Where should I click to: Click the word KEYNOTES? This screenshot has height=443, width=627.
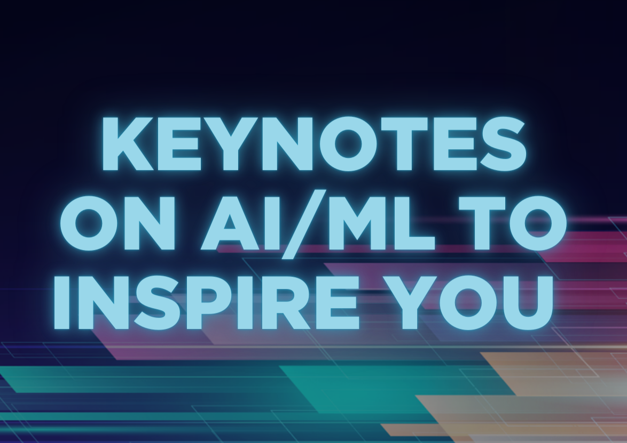(314, 144)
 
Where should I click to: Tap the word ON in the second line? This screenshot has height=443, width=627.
(117, 223)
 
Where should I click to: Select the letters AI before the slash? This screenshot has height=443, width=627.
(240, 223)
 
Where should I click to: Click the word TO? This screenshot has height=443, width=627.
(513, 223)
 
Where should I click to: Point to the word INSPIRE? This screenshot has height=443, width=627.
(206, 302)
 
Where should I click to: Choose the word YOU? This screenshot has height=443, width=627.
(468, 302)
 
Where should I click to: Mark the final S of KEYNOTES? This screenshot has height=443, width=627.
(503, 144)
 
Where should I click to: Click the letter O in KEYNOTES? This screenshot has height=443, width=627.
(349, 144)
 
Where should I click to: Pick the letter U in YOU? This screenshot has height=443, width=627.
(530, 303)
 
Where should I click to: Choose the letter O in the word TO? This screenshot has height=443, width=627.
(538, 223)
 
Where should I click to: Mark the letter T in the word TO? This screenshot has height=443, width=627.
(482, 223)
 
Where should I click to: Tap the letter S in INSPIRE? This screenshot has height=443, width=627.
(156, 302)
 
